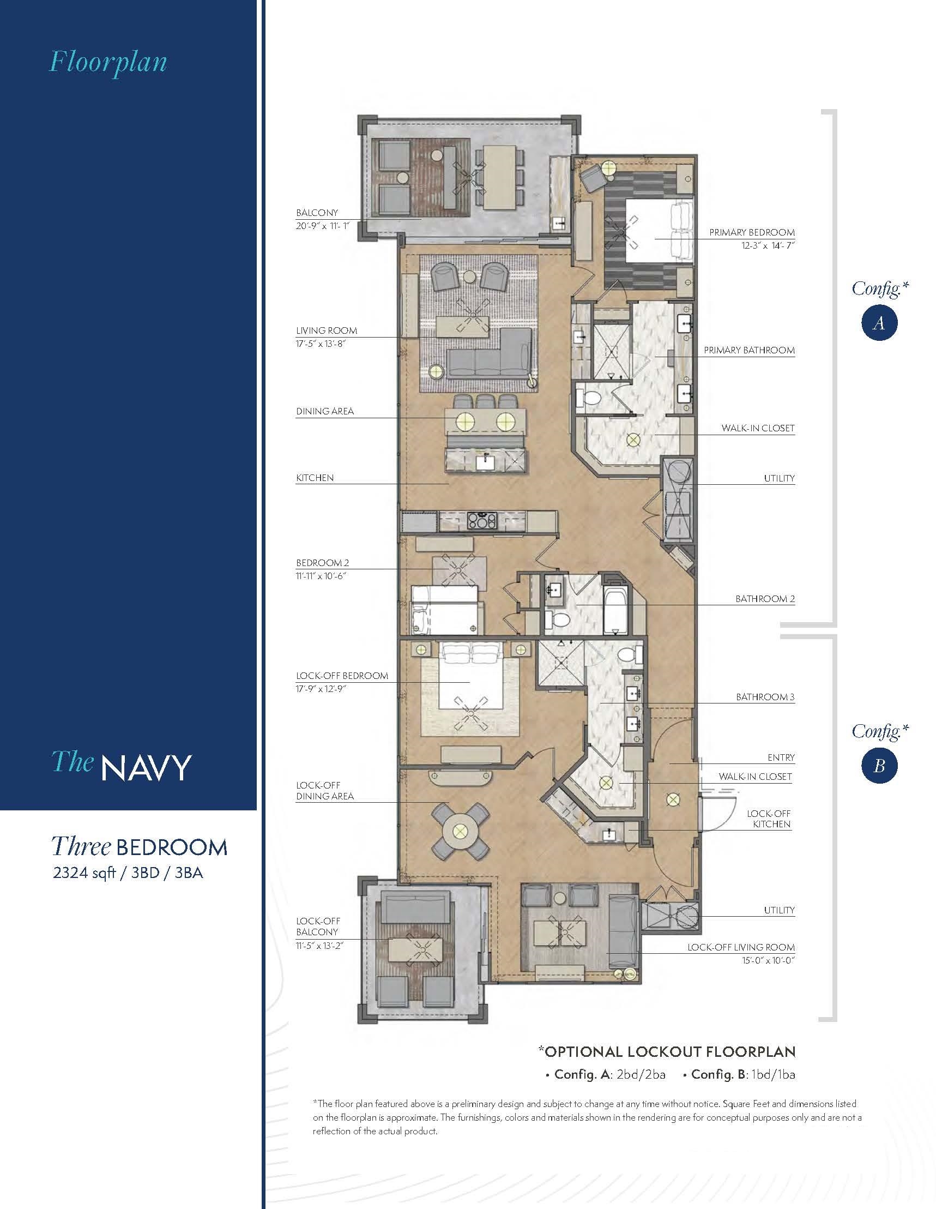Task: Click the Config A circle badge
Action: point(878,323)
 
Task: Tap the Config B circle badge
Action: point(878,766)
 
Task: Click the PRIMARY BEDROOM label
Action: point(752,232)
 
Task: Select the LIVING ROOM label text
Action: point(327,330)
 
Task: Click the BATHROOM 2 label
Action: point(765,598)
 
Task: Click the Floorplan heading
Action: point(108,62)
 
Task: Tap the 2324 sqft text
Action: point(84,873)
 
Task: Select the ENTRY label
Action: point(781,757)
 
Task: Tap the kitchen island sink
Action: point(485,461)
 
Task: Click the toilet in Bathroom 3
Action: point(627,654)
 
